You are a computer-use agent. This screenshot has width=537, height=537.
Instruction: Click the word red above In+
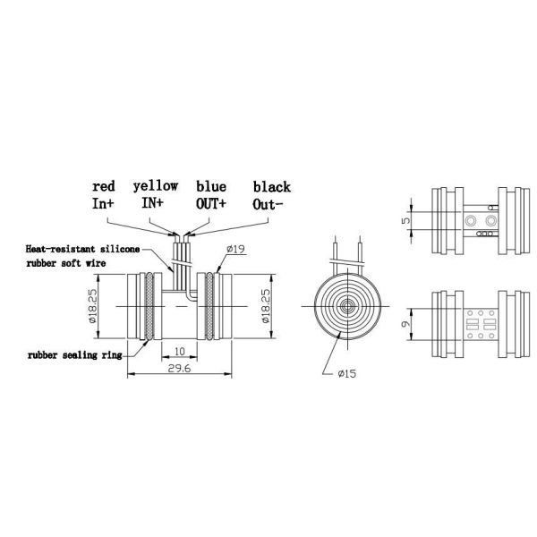click(x=104, y=186)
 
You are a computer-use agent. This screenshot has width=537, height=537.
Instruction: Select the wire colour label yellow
click(x=156, y=185)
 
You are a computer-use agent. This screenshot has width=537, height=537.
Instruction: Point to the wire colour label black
click(x=271, y=186)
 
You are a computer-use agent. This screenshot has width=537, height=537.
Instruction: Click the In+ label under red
click(x=104, y=204)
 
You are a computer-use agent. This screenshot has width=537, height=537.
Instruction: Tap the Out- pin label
click(x=268, y=204)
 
